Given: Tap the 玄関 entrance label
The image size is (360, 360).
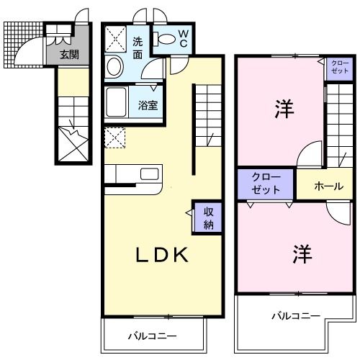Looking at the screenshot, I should pos(69,53).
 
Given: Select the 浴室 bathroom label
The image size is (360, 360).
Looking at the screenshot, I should pos(149,104).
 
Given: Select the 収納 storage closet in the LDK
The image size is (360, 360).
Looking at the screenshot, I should pos(207,217).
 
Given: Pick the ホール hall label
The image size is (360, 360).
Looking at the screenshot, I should pos(328,186).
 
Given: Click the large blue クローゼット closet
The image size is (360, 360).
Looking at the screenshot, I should pos(266,184).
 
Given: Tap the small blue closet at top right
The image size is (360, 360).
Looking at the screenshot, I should pos(339,68).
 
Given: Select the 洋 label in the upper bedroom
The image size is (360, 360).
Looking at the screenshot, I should pos(282,109).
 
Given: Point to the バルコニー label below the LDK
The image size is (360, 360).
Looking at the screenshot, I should pos(153,336).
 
